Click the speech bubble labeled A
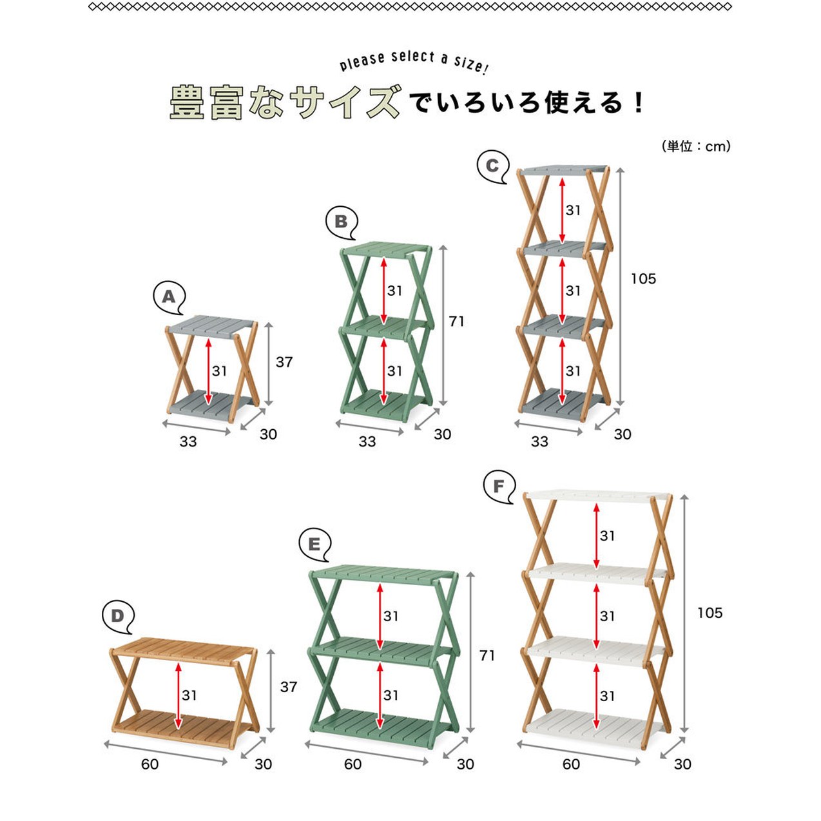coord(169,298)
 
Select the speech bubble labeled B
coord(342,223)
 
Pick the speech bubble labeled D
coord(118,617)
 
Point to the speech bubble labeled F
coord(499,487)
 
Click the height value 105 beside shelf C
coord(643,279)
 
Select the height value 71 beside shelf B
coord(456,322)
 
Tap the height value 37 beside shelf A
coord(284,363)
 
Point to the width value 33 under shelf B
coord(367,442)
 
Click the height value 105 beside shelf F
coord(710,613)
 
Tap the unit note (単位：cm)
coord(696,146)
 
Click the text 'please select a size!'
coord(414,62)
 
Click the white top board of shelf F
coord(597,497)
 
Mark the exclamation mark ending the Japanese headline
coord(638,104)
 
